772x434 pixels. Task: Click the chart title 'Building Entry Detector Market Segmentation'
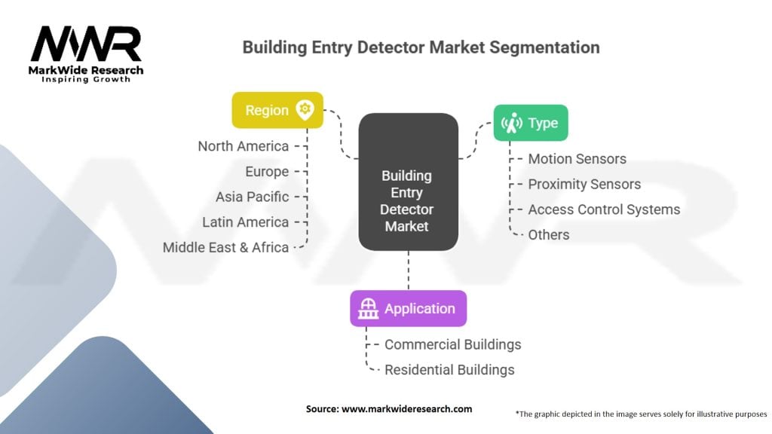[421, 47]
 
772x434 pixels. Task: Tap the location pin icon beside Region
[305, 110]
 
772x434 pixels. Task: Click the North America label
[243, 146]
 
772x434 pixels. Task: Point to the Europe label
[267, 172]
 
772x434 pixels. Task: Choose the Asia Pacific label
[252, 197]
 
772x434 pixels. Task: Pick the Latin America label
[245, 222]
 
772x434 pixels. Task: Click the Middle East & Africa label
[225, 247]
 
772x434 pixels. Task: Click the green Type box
[531, 122]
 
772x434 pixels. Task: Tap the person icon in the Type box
[513, 122]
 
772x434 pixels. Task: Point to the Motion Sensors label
[577, 159]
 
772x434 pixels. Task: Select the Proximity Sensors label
[584, 184]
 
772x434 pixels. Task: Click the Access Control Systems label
[604, 209]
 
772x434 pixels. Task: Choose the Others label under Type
[548, 234]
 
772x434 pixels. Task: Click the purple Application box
[408, 308]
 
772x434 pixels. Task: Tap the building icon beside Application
[368, 308]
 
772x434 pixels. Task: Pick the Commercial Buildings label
[452, 344]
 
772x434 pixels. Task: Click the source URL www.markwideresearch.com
[408, 408]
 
